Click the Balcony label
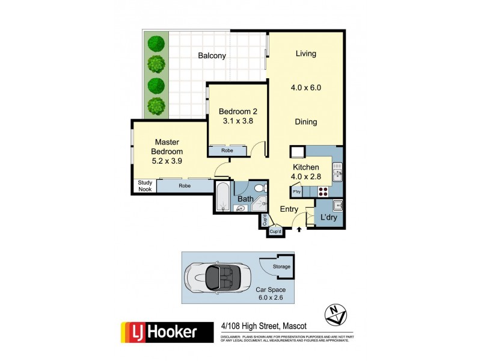tap(212, 56)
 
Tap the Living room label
tap(305, 54)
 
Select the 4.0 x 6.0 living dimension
tap(305, 87)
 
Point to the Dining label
tap(305, 122)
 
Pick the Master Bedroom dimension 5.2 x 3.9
tap(167, 161)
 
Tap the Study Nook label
tap(144, 186)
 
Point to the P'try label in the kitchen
tap(296, 192)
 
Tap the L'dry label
tap(328, 217)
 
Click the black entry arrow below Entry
tap(299, 229)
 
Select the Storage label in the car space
tap(282, 267)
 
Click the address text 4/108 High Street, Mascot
tap(264, 327)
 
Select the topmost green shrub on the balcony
tap(157, 43)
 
